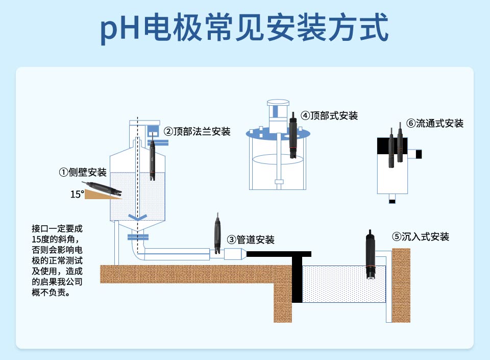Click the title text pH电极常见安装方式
(244, 29)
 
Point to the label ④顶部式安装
(329, 115)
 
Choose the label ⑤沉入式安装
(421, 237)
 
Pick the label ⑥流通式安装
(435, 124)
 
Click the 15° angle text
(77, 194)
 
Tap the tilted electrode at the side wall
(103, 188)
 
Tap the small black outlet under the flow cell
(392, 201)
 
